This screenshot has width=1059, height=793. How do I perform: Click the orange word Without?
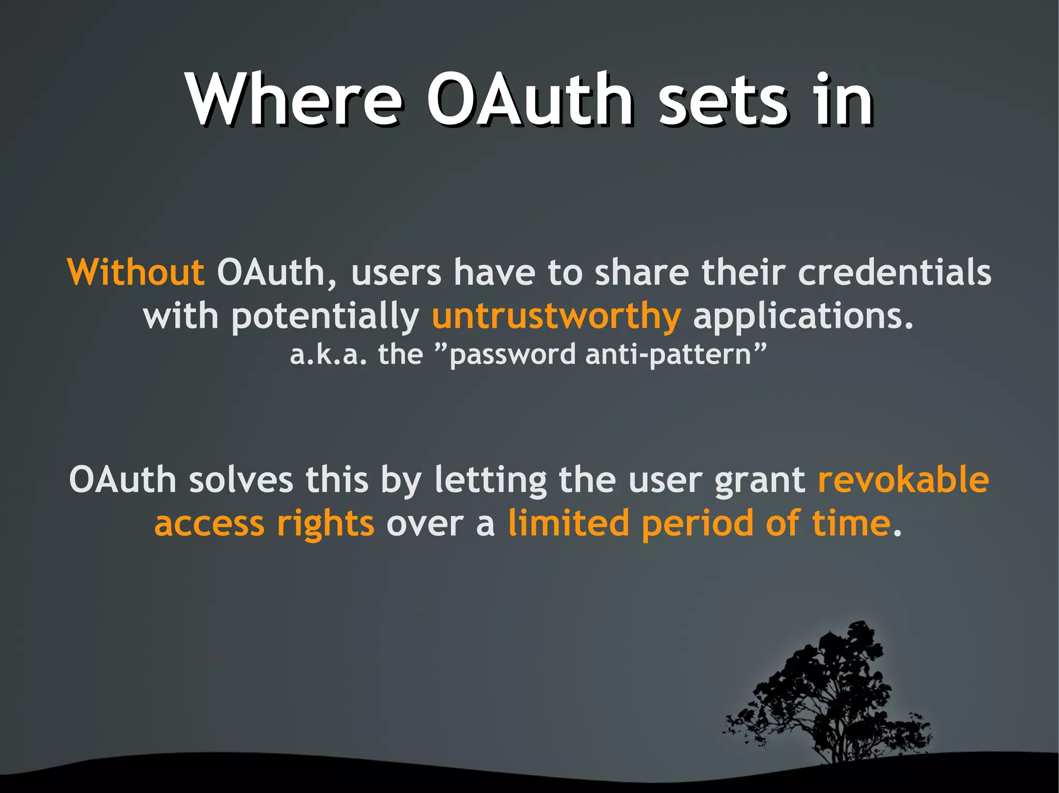click(x=136, y=272)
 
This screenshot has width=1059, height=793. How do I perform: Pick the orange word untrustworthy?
click(x=556, y=316)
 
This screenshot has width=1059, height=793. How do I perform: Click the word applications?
click(x=803, y=316)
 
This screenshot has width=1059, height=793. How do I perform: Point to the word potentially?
click(x=325, y=316)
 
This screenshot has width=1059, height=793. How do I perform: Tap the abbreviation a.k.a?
click(x=328, y=355)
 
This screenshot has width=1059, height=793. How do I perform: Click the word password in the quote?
click(x=512, y=355)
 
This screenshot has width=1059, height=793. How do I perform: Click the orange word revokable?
click(x=903, y=479)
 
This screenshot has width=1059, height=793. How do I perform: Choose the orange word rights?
click(x=325, y=524)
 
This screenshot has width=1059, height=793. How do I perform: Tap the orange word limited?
click(x=568, y=523)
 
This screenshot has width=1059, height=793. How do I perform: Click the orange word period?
click(x=697, y=524)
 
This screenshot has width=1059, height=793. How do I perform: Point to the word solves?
click(x=241, y=479)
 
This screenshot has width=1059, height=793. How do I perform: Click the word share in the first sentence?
click(x=642, y=272)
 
